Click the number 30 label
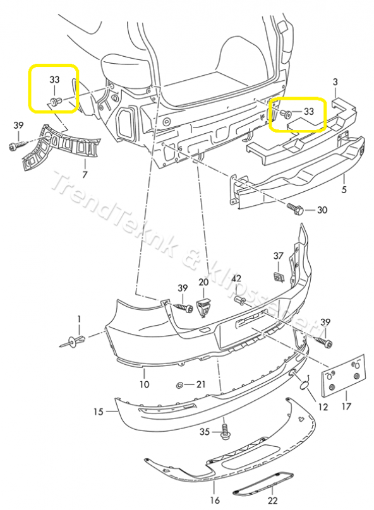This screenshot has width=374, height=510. (322, 210)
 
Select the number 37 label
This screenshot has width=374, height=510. (279, 256)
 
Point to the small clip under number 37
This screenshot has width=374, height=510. (277, 276)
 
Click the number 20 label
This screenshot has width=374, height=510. (203, 282)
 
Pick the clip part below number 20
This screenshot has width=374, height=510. (203, 306)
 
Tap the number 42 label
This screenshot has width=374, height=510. (236, 278)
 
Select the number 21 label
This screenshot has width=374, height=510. (201, 384)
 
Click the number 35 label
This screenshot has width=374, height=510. (204, 432)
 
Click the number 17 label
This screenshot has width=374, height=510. (347, 406)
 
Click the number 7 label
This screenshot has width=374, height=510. (85, 173)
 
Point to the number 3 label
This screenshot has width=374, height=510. (335, 82)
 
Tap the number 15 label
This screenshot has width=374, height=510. (98, 412)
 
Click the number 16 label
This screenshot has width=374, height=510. (214, 500)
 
